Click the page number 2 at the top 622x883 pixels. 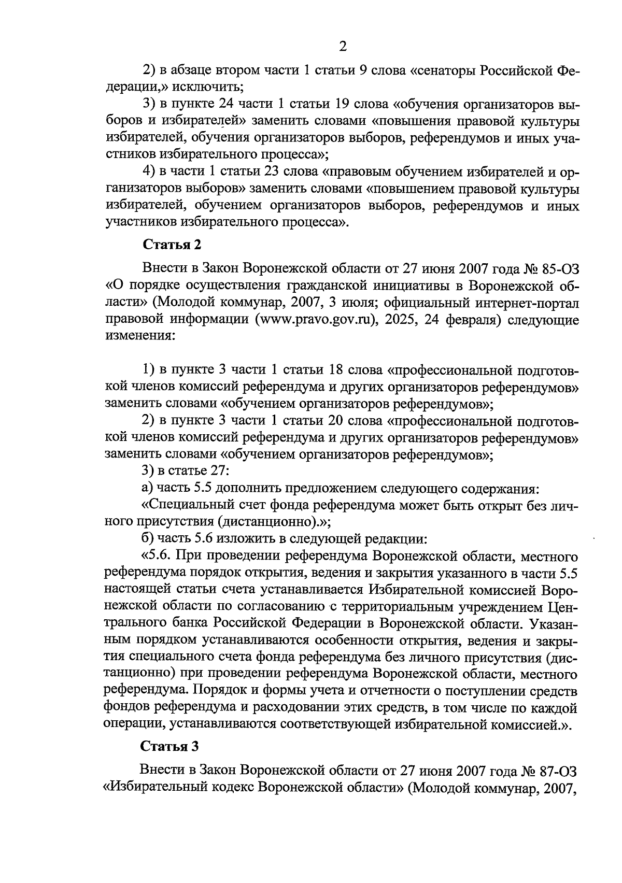[x=342, y=47]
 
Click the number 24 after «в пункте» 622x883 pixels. [x=228, y=104]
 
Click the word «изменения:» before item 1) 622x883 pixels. [x=140, y=336]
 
